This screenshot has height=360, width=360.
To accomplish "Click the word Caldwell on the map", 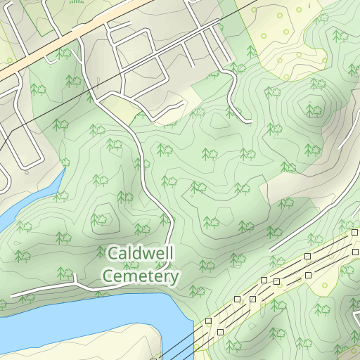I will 141,252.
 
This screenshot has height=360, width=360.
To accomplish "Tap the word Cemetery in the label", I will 141,276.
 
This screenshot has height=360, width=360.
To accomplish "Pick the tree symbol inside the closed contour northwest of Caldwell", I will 101,219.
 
